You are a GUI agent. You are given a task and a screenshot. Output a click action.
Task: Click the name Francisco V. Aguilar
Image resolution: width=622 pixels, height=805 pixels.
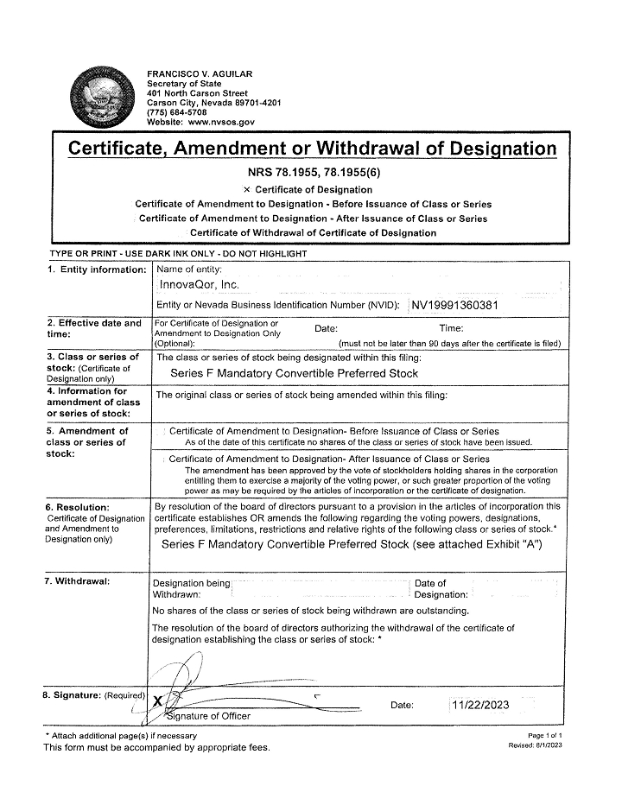[x=200, y=74]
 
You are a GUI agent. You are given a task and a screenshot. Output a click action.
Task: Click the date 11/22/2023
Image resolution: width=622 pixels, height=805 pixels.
[x=481, y=705]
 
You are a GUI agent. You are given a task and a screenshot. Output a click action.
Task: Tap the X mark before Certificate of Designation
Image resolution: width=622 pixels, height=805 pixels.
[x=247, y=189]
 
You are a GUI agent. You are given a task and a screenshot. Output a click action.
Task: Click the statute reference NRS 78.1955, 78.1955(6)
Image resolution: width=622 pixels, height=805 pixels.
[x=310, y=172]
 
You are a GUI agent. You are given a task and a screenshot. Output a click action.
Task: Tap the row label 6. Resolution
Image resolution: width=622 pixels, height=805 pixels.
[x=78, y=506]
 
